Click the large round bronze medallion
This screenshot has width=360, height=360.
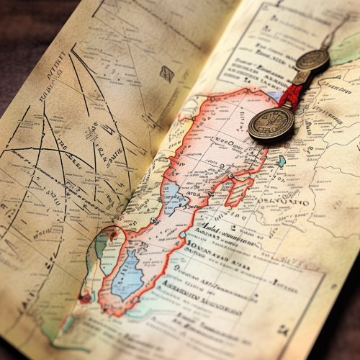point(271,123)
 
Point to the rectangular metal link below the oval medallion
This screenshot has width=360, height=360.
point(300,77)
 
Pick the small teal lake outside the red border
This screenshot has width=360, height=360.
point(282,161)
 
